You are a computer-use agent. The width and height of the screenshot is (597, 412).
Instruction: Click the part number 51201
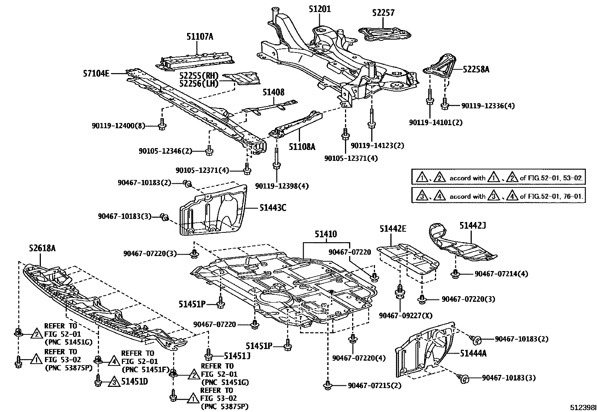pos(319,9)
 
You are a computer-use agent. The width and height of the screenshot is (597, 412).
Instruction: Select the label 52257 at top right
pos(383,13)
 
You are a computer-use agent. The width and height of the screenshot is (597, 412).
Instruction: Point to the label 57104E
pos(96,73)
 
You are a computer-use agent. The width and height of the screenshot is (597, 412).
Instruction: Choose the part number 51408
pos(273,92)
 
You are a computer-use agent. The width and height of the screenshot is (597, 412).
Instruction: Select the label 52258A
pos(476,69)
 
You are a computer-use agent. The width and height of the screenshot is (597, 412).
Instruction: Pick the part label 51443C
pos(273,207)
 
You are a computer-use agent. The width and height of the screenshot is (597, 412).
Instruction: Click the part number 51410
pos(325,234)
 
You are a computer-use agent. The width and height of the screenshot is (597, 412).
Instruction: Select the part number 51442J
pos(472,225)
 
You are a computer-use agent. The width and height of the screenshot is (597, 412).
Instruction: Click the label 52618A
pos(42,248)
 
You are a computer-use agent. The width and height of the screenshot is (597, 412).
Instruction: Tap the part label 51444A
pos(473,353)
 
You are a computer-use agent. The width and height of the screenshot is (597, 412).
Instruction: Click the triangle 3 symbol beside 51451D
pos(112,382)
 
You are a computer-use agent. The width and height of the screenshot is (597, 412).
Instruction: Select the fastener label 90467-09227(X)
pos(405,316)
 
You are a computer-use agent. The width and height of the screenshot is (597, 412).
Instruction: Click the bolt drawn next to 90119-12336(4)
pos(444,105)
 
